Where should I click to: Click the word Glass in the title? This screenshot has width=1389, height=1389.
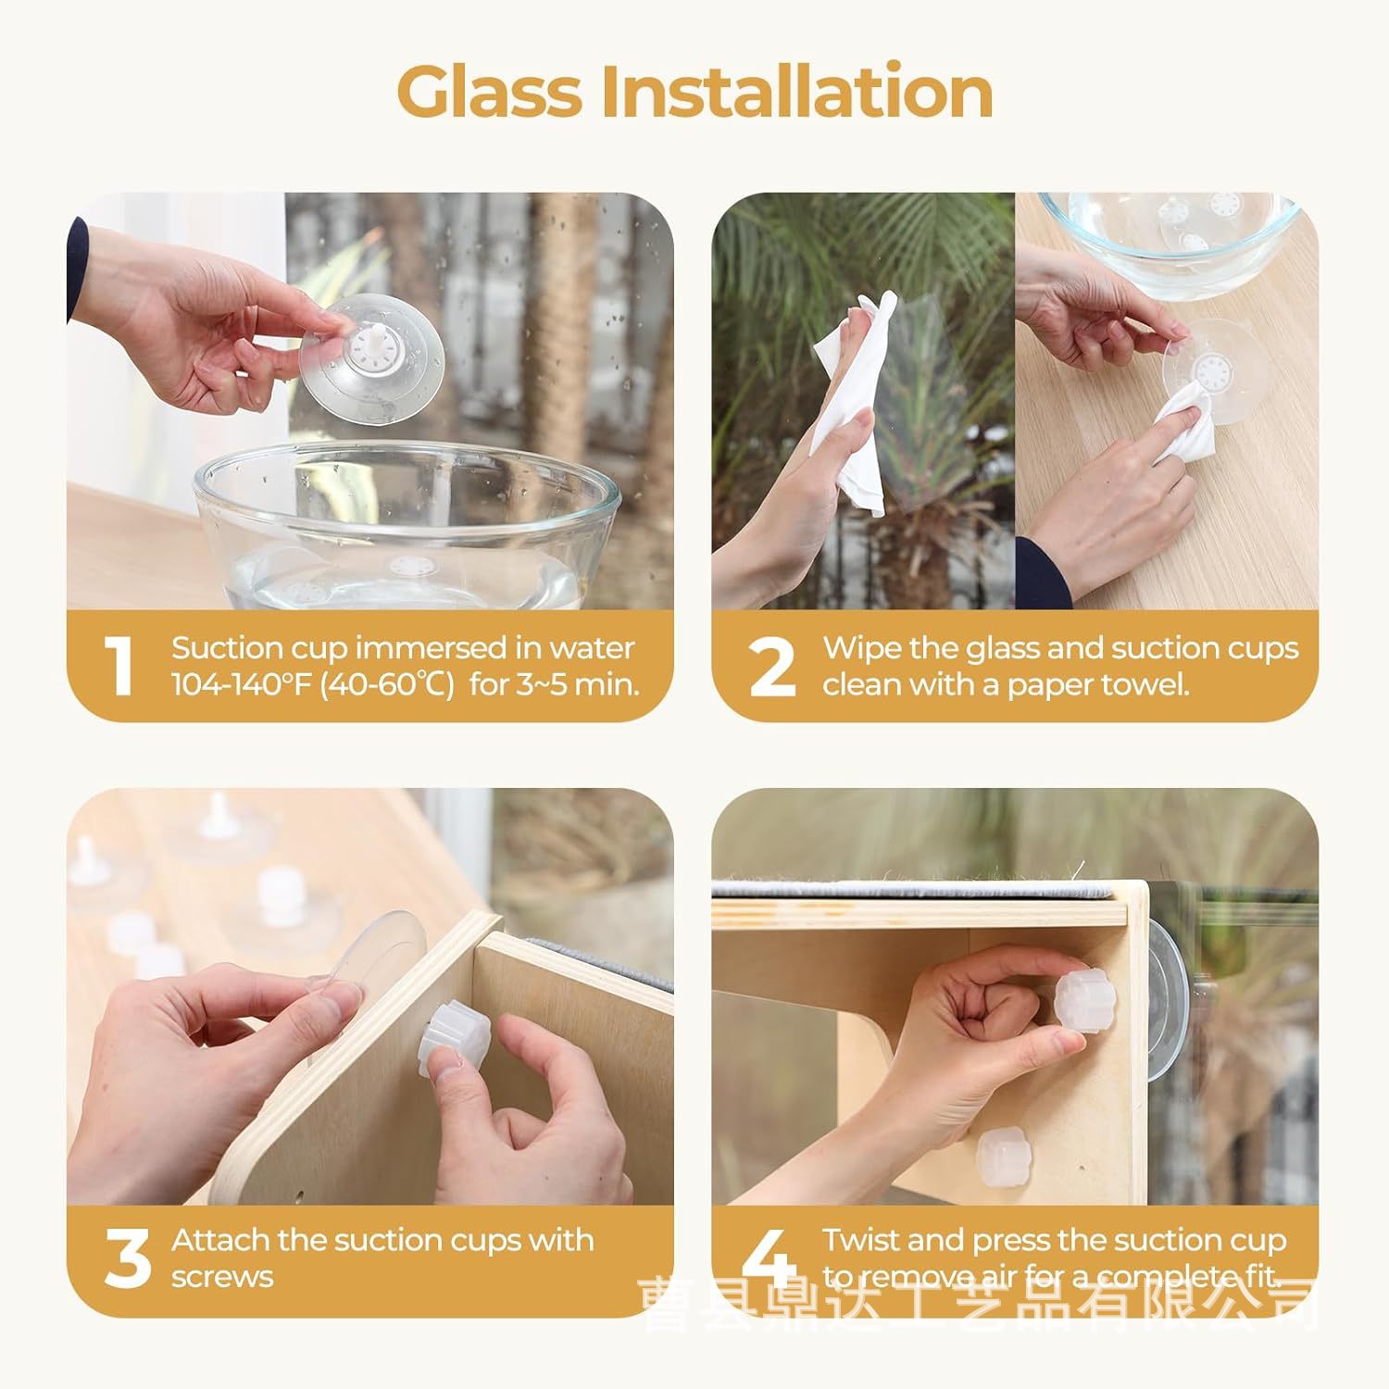[x=490, y=93]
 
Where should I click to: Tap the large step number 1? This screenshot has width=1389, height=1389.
[x=119, y=666]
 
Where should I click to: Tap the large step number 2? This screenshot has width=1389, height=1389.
[x=771, y=666]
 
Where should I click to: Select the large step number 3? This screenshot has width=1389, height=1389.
[x=127, y=1258]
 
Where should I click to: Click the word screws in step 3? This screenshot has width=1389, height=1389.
[x=222, y=1278]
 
